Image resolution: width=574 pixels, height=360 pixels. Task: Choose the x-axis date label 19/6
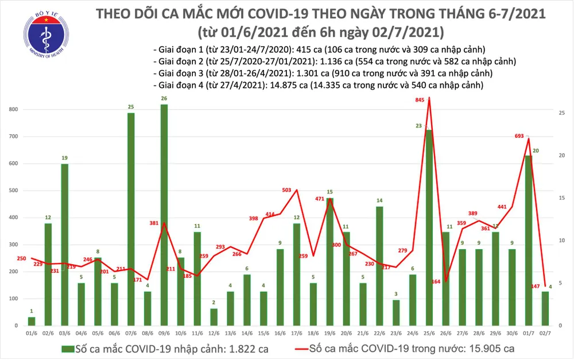point(329,333)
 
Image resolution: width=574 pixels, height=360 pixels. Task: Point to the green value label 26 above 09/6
point(165,98)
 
